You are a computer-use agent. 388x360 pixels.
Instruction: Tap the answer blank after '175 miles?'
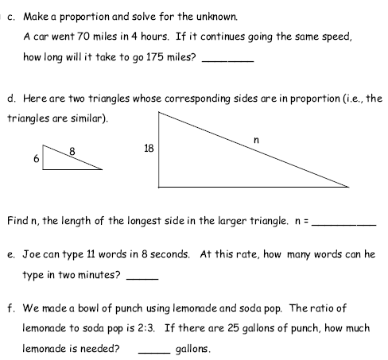click(228, 60)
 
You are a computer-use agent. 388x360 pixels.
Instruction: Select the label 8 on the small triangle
click(72, 150)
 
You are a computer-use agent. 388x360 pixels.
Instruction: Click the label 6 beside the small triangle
click(37, 159)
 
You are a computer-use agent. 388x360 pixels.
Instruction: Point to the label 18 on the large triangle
click(148, 148)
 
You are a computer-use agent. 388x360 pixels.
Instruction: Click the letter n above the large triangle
click(255, 140)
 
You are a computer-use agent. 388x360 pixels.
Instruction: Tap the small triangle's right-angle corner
click(44, 168)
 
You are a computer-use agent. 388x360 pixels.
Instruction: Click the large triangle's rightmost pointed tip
click(348, 188)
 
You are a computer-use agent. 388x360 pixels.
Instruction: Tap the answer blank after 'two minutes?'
click(142, 277)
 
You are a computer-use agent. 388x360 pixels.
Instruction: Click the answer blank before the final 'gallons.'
click(154, 350)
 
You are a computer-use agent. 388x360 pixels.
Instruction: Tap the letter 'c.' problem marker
click(11, 16)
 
